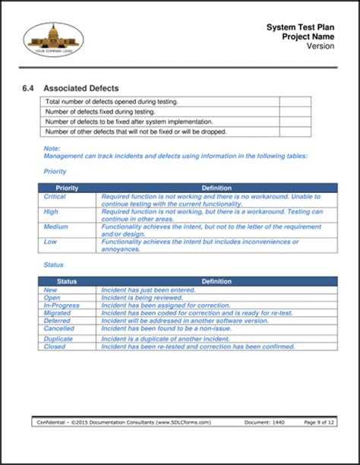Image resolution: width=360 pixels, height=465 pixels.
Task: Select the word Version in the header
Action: click(x=319, y=46)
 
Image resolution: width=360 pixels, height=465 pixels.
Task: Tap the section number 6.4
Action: click(x=29, y=88)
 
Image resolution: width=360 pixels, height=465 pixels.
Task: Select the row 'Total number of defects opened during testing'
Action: click(x=159, y=101)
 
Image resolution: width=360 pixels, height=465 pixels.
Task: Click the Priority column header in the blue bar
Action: click(x=67, y=188)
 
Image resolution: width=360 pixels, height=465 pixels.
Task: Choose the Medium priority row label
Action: click(x=56, y=226)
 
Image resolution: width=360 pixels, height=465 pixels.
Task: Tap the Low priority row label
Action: click(x=51, y=242)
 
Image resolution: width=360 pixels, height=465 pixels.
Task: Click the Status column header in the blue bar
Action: click(x=67, y=281)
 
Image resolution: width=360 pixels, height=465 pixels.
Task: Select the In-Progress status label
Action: click(x=61, y=305)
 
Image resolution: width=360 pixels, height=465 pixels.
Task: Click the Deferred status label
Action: click(x=58, y=321)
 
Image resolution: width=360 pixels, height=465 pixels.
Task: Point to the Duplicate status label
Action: click(x=59, y=338)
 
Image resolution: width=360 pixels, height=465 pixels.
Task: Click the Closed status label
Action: click(x=55, y=346)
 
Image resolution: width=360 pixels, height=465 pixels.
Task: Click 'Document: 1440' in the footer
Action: click(x=267, y=422)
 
